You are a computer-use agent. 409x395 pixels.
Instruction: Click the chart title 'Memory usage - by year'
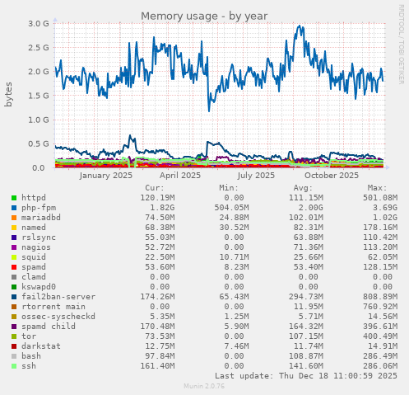[204, 16]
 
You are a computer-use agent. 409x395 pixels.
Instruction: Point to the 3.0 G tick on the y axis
[39, 24]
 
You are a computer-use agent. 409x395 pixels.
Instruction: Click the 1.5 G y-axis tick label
[39, 96]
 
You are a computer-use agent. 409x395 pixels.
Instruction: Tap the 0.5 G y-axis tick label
[39, 143]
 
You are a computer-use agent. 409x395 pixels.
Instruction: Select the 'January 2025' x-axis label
[105, 175]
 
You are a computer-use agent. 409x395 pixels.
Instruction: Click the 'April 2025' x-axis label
[180, 175]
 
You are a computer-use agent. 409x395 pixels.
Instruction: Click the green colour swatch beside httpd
[14, 198]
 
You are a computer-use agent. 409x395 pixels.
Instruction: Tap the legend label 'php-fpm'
[38, 208]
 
